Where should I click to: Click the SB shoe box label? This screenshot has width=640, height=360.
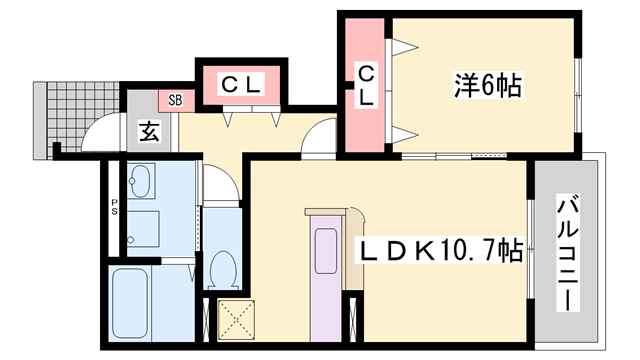(175, 100)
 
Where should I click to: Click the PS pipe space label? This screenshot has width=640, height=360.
(115, 210)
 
